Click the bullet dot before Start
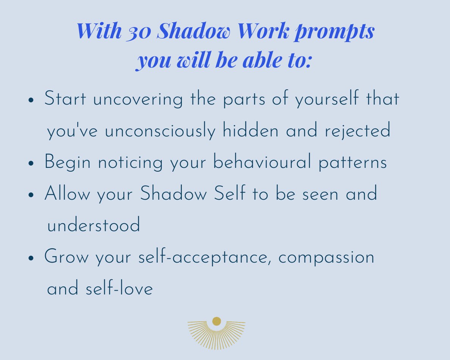click(31, 101)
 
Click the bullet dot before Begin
click(31, 164)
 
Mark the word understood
click(93, 226)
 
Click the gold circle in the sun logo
click(217, 321)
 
